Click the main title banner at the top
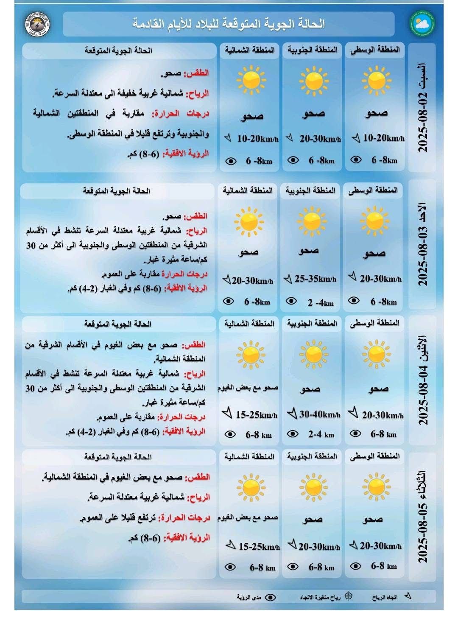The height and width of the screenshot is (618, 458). (229, 24)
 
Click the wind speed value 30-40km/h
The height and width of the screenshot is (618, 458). (319, 414)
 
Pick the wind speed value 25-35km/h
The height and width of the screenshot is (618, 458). (315, 279)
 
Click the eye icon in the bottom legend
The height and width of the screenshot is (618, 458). (271, 597)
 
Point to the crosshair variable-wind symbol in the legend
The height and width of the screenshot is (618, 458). (349, 596)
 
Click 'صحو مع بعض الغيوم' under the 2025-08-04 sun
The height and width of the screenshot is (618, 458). (248, 388)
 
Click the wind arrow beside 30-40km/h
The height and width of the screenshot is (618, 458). (292, 413)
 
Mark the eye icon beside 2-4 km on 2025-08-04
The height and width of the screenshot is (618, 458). (293, 434)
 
